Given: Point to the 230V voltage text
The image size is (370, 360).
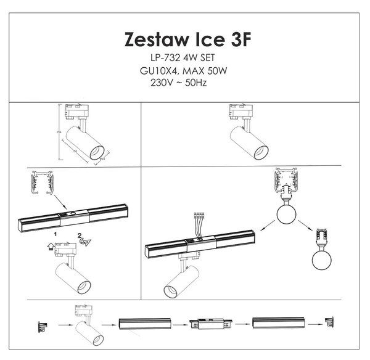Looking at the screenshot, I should point(155,81).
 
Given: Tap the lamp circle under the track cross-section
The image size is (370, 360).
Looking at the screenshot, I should point(286,215).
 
